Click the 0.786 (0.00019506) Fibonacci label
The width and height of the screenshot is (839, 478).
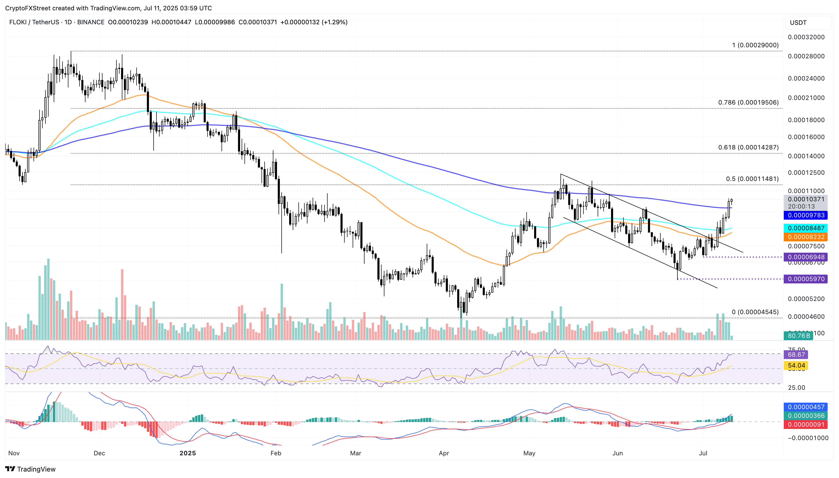pyautogui.click(x=748, y=102)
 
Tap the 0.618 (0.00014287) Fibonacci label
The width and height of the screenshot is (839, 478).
pyautogui.click(x=748, y=147)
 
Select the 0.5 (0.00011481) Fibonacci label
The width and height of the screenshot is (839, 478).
pyautogui.click(x=752, y=179)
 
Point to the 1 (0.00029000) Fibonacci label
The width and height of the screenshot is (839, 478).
pyautogui.click(x=755, y=45)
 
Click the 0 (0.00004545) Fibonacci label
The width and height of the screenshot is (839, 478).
pyautogui.click(x=755, y=312)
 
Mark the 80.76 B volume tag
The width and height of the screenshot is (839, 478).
pyautogui.click(x=798, y=336)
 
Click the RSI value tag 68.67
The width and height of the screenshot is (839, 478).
pyautogui.click(x=796, y=355)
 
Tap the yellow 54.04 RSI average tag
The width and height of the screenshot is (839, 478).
pyautogui.click(x=796, y=365)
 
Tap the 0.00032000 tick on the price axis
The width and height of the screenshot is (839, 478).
pyautogui.click(x=806, y=37)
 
